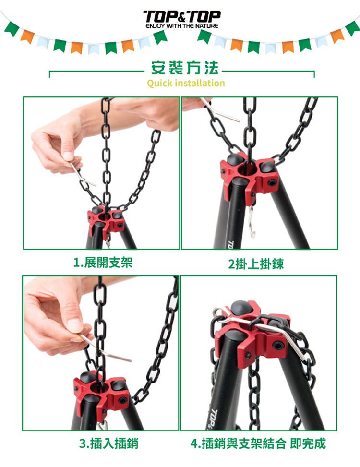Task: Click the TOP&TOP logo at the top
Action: [x=181, y=17]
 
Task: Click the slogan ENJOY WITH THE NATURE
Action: [x=182, y=26]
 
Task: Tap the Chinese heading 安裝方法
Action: [x=185, y=68]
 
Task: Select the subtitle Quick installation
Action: [x=186, y=83]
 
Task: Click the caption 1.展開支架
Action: [x=103, y=263]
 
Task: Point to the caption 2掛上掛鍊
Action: [x=256, y=263]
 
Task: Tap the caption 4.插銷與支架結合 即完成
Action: [x=258, y=443]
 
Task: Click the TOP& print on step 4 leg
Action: [x=213, y=419]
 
